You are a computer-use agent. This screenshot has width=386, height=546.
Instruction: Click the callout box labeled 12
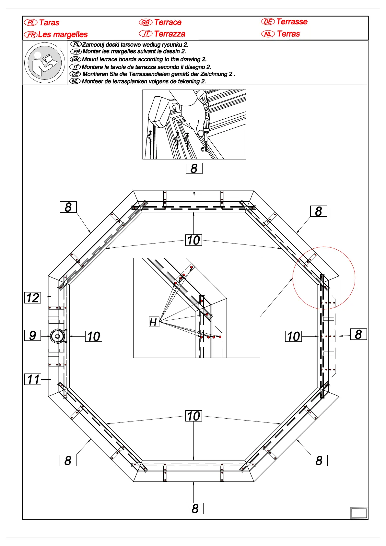33,298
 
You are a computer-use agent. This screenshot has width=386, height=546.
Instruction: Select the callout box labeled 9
33,335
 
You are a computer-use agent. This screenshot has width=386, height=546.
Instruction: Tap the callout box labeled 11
33,379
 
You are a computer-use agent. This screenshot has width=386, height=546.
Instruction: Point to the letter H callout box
154,322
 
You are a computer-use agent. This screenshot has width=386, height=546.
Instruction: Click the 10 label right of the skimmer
94,336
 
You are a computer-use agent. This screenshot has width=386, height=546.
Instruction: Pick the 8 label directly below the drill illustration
194,168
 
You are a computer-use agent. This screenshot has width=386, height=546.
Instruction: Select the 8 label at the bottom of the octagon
195,508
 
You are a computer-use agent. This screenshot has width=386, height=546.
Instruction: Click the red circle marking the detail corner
324,278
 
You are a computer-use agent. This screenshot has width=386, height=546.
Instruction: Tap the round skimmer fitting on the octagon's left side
58,336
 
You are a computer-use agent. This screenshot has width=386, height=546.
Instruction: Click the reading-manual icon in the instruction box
45,63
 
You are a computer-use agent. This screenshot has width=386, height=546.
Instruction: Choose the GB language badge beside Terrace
146,22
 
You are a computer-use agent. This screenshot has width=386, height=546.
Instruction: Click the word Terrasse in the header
292,22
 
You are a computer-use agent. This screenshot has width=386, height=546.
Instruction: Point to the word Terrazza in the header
170,34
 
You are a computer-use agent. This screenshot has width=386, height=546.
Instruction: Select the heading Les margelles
63,34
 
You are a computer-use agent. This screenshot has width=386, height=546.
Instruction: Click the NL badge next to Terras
268,34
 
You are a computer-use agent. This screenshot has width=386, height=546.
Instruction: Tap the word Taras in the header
49,23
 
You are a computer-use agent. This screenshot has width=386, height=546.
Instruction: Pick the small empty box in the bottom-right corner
359,513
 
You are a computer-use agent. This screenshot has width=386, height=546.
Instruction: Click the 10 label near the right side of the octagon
294,336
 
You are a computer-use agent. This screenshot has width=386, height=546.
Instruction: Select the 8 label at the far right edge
358,334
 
